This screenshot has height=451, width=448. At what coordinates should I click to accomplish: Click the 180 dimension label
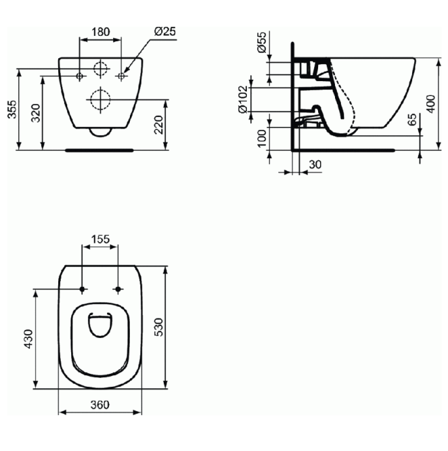coord(101,31)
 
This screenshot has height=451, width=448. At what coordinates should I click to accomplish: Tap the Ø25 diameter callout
coord(165,31)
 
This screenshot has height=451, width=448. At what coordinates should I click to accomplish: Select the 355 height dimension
coord(12,109)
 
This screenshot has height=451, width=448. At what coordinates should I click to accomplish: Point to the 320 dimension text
coord(36,113)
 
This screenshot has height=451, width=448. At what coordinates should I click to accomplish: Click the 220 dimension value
coord(159,125)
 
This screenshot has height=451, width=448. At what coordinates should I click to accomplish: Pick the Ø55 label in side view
coord(262,42)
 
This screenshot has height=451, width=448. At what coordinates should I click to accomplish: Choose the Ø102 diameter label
coord(243,99)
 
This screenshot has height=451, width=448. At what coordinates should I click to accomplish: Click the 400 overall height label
coord(431,103)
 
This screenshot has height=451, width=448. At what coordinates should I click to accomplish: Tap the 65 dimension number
coord(412,120)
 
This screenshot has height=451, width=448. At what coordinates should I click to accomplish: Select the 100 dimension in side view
coord(262,139)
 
